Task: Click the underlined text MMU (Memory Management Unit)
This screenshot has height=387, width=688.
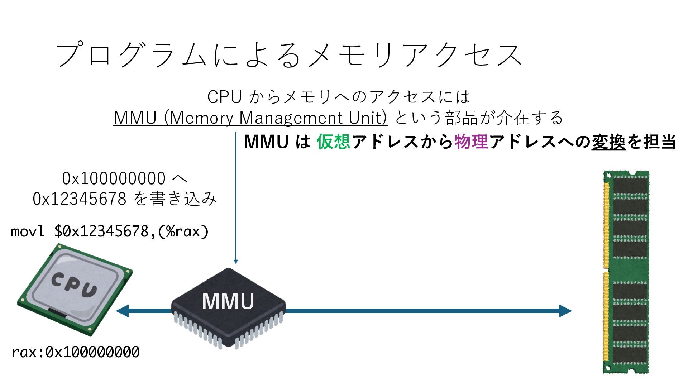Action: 250,118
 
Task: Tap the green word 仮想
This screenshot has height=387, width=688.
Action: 333,142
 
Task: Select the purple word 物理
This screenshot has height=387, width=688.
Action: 471,142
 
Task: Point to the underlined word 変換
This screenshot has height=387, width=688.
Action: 608,142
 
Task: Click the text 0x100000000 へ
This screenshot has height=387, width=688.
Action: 124,178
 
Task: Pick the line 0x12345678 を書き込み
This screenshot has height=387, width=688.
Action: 125,199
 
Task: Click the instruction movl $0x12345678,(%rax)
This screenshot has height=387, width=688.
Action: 110,231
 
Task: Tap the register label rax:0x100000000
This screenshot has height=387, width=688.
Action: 76,352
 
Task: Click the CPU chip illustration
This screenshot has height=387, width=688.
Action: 75,290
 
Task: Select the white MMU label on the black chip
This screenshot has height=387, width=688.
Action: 228,301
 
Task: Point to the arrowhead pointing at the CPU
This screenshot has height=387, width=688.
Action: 123,311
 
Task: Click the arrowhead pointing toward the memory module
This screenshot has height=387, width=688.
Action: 565,311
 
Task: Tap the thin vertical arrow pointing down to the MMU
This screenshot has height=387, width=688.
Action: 236,197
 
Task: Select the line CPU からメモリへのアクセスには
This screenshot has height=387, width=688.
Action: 338,96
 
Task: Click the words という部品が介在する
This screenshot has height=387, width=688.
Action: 479,118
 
